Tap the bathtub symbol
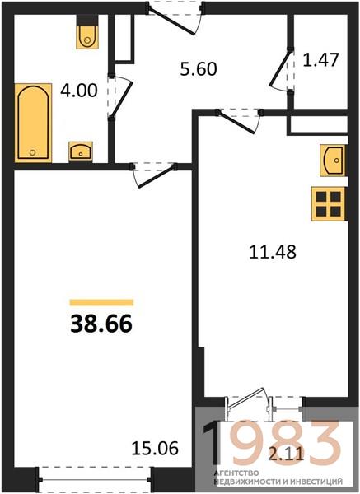pos(33,123)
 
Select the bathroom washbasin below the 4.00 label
pos(81,151)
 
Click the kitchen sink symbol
pos(334,160)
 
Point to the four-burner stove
pos(328,204)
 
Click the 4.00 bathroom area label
pos(79,91)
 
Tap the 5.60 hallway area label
pos(199,68)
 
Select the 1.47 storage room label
pos(320,60)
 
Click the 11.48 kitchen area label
pos(273,252)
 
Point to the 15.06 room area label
pos(155,448)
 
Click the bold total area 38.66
pos(101,324)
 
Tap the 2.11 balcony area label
pos(286,454)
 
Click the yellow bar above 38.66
pos(101,302)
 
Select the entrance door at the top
pos(175,17)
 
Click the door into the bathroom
pos(119,96)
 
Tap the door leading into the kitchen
pos(238,121)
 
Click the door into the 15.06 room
pos(154,175)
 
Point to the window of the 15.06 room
pos(95,479)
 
